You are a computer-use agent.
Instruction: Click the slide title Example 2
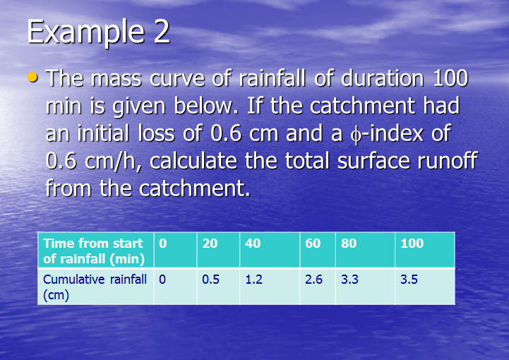tap(98, 32)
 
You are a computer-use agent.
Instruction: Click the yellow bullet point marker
tap(33, 76)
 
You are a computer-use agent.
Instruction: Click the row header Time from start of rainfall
tap(94, 251)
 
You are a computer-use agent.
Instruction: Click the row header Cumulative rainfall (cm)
tap(94, 287)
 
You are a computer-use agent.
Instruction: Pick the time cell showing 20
tap(210, 244)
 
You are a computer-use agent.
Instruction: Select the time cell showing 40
tap(253, 244)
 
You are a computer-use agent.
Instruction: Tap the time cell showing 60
tap(313, 244)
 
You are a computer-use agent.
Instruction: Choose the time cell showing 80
tap(349, 244)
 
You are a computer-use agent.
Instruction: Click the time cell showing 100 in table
tap(412, 244)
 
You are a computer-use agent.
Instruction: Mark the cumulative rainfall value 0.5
tap(210, 280)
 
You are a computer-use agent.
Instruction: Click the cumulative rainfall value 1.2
tap(253, 280)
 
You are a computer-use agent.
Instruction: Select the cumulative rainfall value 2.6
tap(314, 280)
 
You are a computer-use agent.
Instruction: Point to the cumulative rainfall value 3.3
tap(349, 280)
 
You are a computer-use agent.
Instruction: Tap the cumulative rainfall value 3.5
tap(409, 280)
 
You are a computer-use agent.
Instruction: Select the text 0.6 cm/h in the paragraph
tap(92, 161)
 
